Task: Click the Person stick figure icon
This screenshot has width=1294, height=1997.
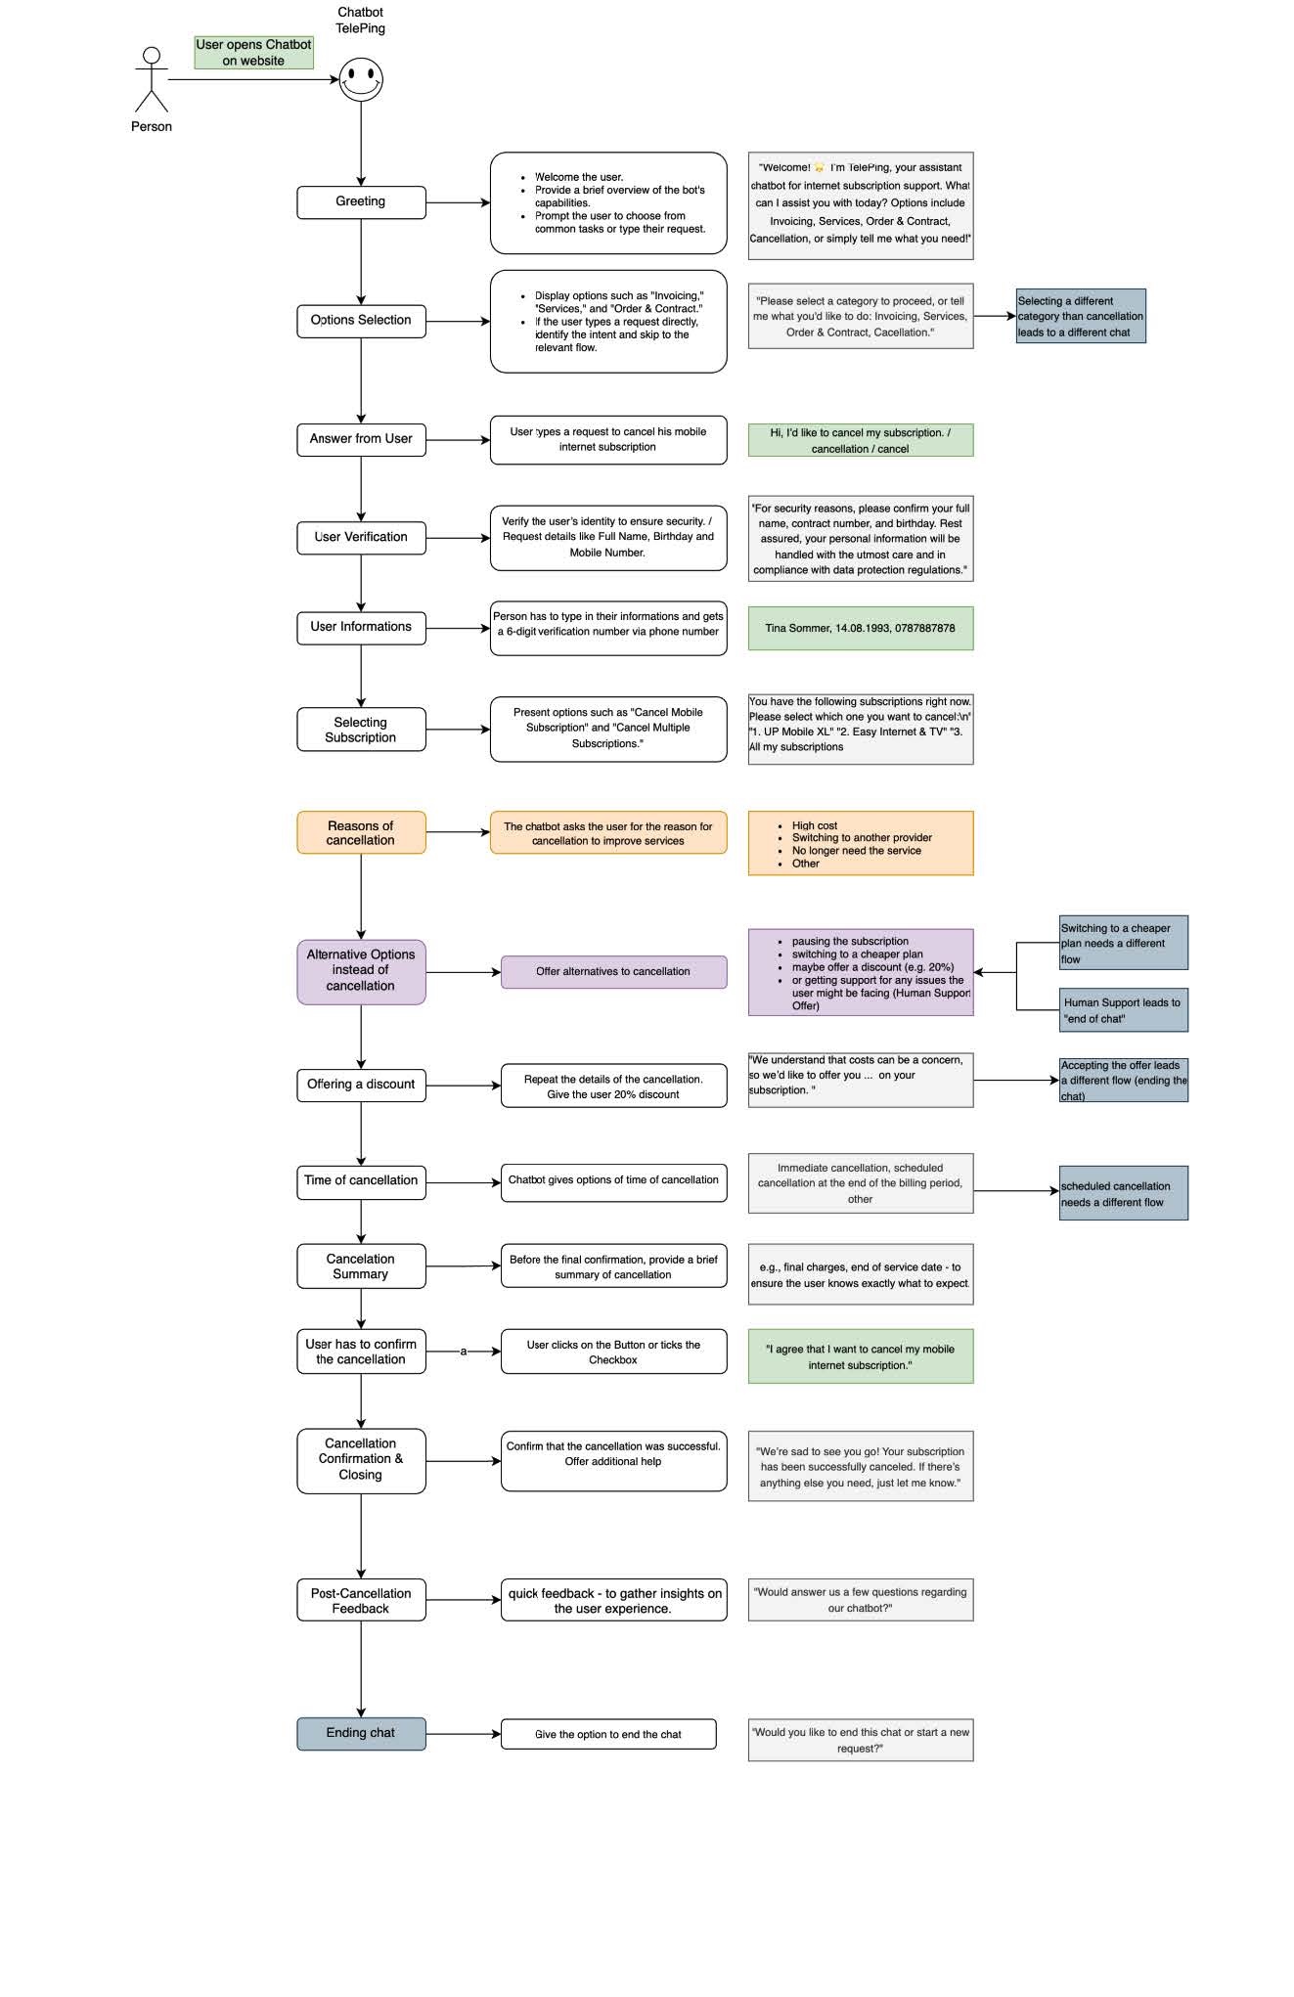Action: pos(152,80)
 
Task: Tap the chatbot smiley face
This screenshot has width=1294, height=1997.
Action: pos(361,80)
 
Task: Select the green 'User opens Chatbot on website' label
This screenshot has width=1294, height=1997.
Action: pos(253,53)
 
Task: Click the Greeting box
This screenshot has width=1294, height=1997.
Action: pos(361,202)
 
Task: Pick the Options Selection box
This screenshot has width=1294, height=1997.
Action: pos(361,321)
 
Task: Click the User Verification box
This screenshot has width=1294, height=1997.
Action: pos(361,538)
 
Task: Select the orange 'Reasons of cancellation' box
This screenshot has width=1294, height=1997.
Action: pos(361,832)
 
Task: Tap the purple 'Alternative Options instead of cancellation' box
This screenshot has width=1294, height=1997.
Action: pos(361,972)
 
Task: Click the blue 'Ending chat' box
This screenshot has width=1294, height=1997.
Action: pos(361,1733)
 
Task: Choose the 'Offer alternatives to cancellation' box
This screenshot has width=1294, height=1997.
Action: pos(613,972)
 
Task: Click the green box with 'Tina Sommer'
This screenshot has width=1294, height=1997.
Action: pos(861,628)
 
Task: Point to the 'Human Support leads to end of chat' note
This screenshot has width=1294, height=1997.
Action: pos(1124,1010)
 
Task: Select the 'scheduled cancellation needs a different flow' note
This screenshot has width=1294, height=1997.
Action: pos(1124,1193)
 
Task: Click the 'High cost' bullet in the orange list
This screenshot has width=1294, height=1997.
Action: pos(814,825)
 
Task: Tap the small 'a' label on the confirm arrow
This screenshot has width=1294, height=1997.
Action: pos(464,1352)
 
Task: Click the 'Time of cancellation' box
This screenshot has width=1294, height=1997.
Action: pos(361,1181)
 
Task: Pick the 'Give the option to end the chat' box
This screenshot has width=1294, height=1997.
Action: pos(608,1734)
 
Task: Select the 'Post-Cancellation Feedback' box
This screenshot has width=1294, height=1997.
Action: pos(361,1600)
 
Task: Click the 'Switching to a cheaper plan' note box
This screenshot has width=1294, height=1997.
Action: pos(1124,943)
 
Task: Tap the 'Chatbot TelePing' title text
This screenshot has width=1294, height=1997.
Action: pos(361,21)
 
